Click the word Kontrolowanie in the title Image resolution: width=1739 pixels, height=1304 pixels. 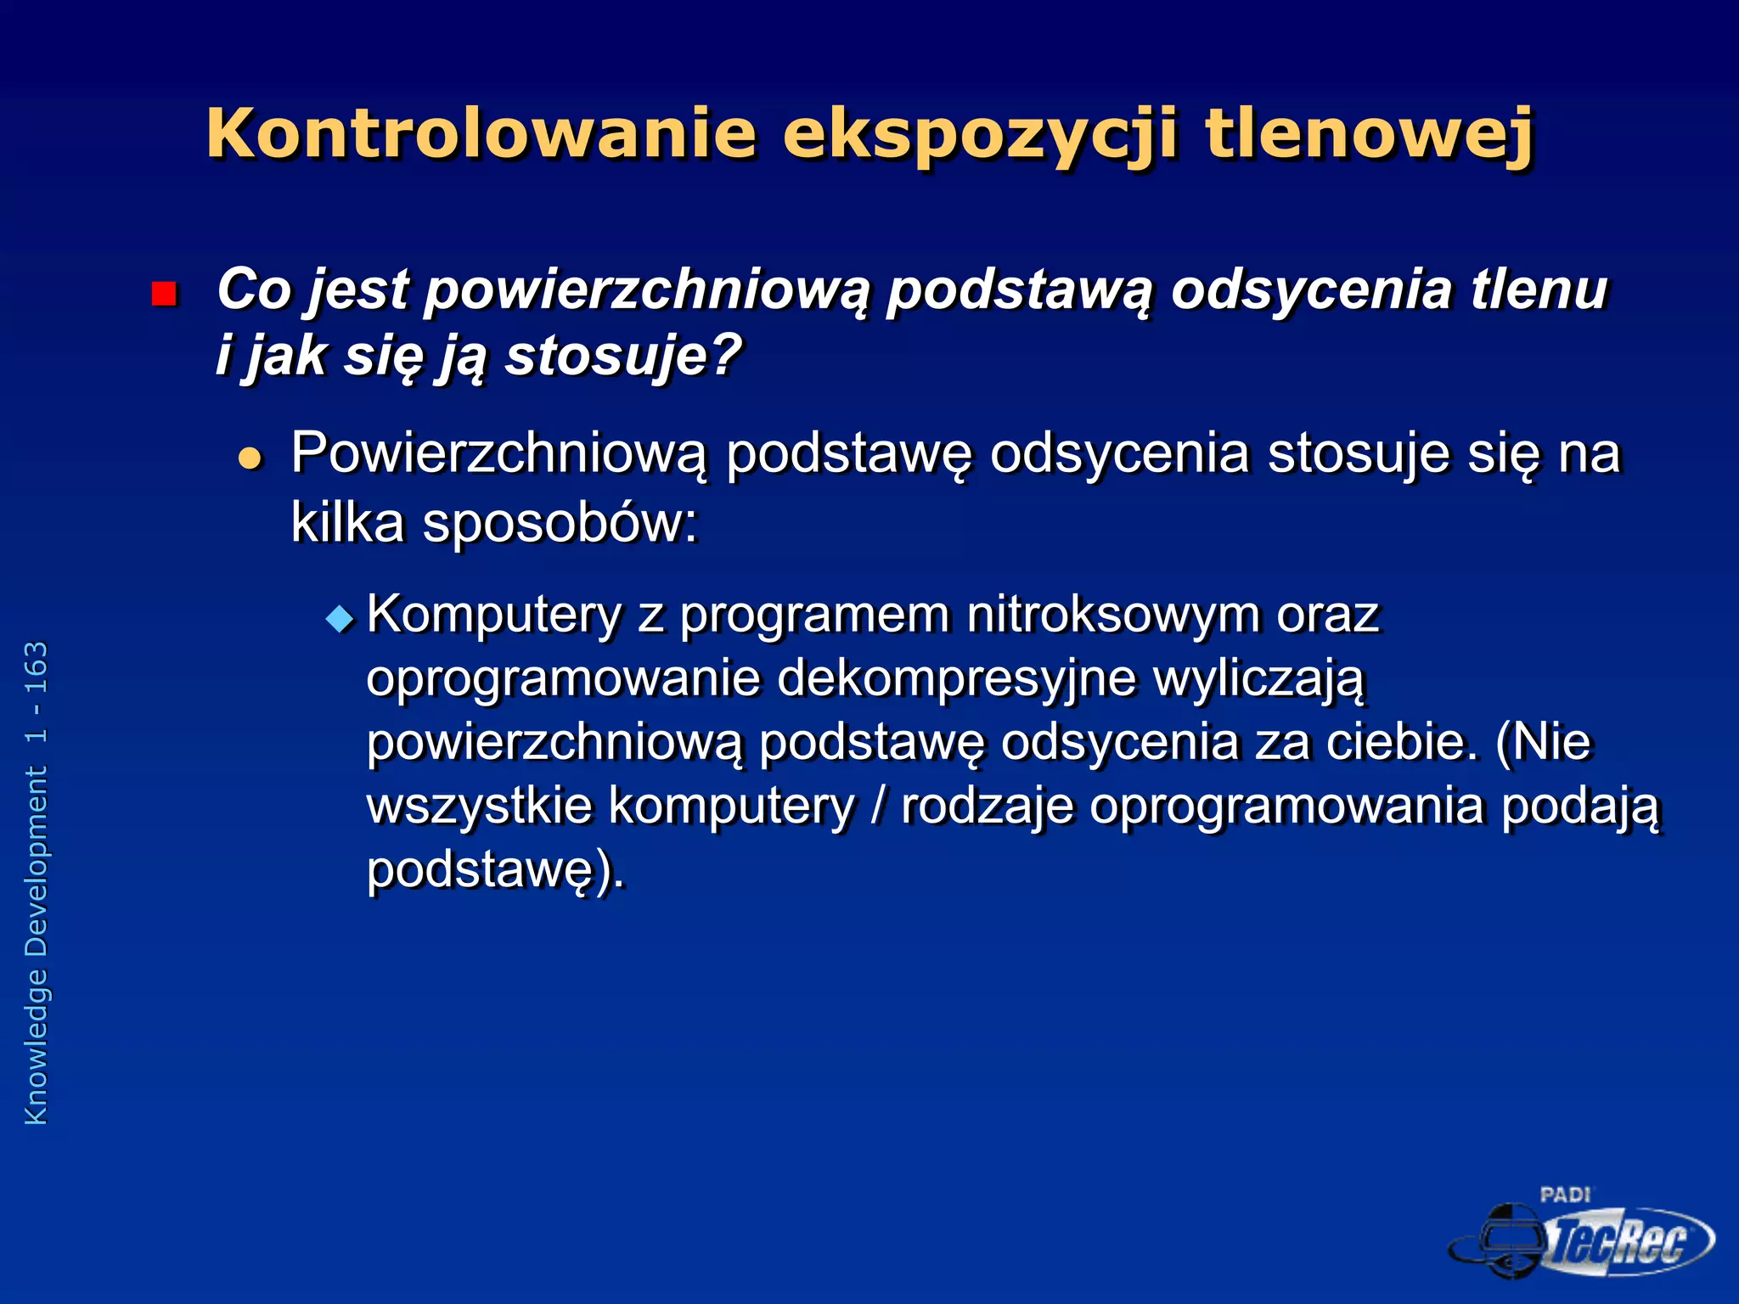481,134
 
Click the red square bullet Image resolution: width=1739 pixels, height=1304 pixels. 163,294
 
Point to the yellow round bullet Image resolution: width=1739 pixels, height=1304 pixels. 250,459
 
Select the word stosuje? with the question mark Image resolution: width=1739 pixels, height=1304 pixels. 624,355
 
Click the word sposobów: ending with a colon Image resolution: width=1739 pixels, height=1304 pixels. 560,522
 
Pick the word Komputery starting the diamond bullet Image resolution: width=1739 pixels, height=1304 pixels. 494,615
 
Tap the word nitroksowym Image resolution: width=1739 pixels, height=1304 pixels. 1113,615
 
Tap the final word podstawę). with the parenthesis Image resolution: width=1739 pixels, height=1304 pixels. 495,870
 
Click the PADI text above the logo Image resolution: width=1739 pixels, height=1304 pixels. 1565,1195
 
